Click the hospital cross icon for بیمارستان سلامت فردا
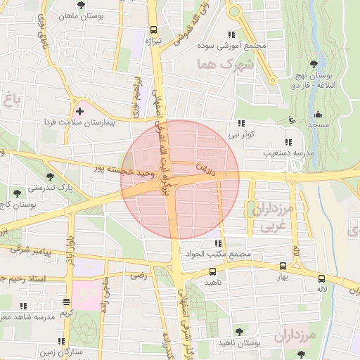79,111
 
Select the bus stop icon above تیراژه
154,30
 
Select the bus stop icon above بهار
283,266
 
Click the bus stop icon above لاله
322,278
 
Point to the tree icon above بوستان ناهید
239,330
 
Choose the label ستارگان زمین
67,350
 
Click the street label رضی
139,276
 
